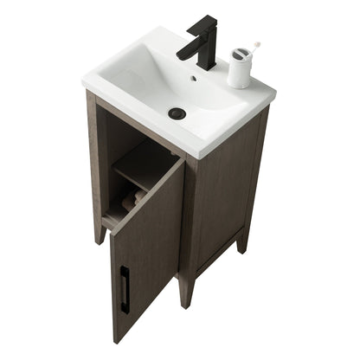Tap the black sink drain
pyautogui.click(x=177, y=112)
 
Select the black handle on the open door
pyautogui.click(x=125, y=288)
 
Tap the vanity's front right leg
pyautogui.click(x=186, y=290)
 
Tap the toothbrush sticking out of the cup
pyautogui.click(x=254, y=45)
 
